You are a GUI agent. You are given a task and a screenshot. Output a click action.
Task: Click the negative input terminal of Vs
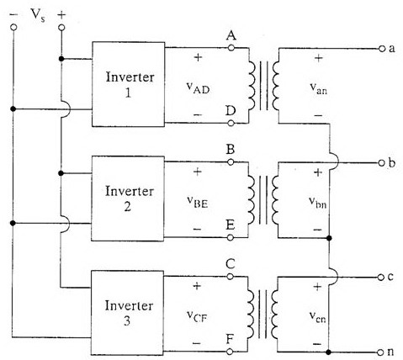(x=13, y=28)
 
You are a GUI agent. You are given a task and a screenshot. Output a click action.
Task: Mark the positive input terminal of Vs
(x=61, y=28)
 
